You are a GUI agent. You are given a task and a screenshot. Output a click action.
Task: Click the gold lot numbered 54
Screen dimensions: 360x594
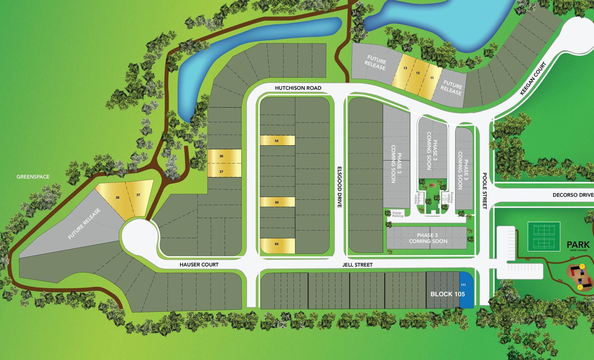277,141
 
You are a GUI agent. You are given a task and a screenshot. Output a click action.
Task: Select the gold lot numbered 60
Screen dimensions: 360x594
277,202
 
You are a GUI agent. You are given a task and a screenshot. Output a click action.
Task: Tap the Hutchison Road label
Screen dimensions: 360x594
298,88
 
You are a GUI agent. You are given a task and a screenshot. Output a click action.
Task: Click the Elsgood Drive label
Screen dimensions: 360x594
339,187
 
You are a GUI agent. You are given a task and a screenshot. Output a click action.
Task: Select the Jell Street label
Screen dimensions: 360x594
357,265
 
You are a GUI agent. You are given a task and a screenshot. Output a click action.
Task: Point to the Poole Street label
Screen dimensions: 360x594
484,191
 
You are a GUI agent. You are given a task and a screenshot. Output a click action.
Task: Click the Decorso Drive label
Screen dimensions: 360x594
573,195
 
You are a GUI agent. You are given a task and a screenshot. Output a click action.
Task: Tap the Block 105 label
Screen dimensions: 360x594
447,294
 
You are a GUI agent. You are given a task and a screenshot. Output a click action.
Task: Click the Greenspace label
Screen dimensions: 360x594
33,177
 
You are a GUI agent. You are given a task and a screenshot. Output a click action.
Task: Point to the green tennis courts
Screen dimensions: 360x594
544,236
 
